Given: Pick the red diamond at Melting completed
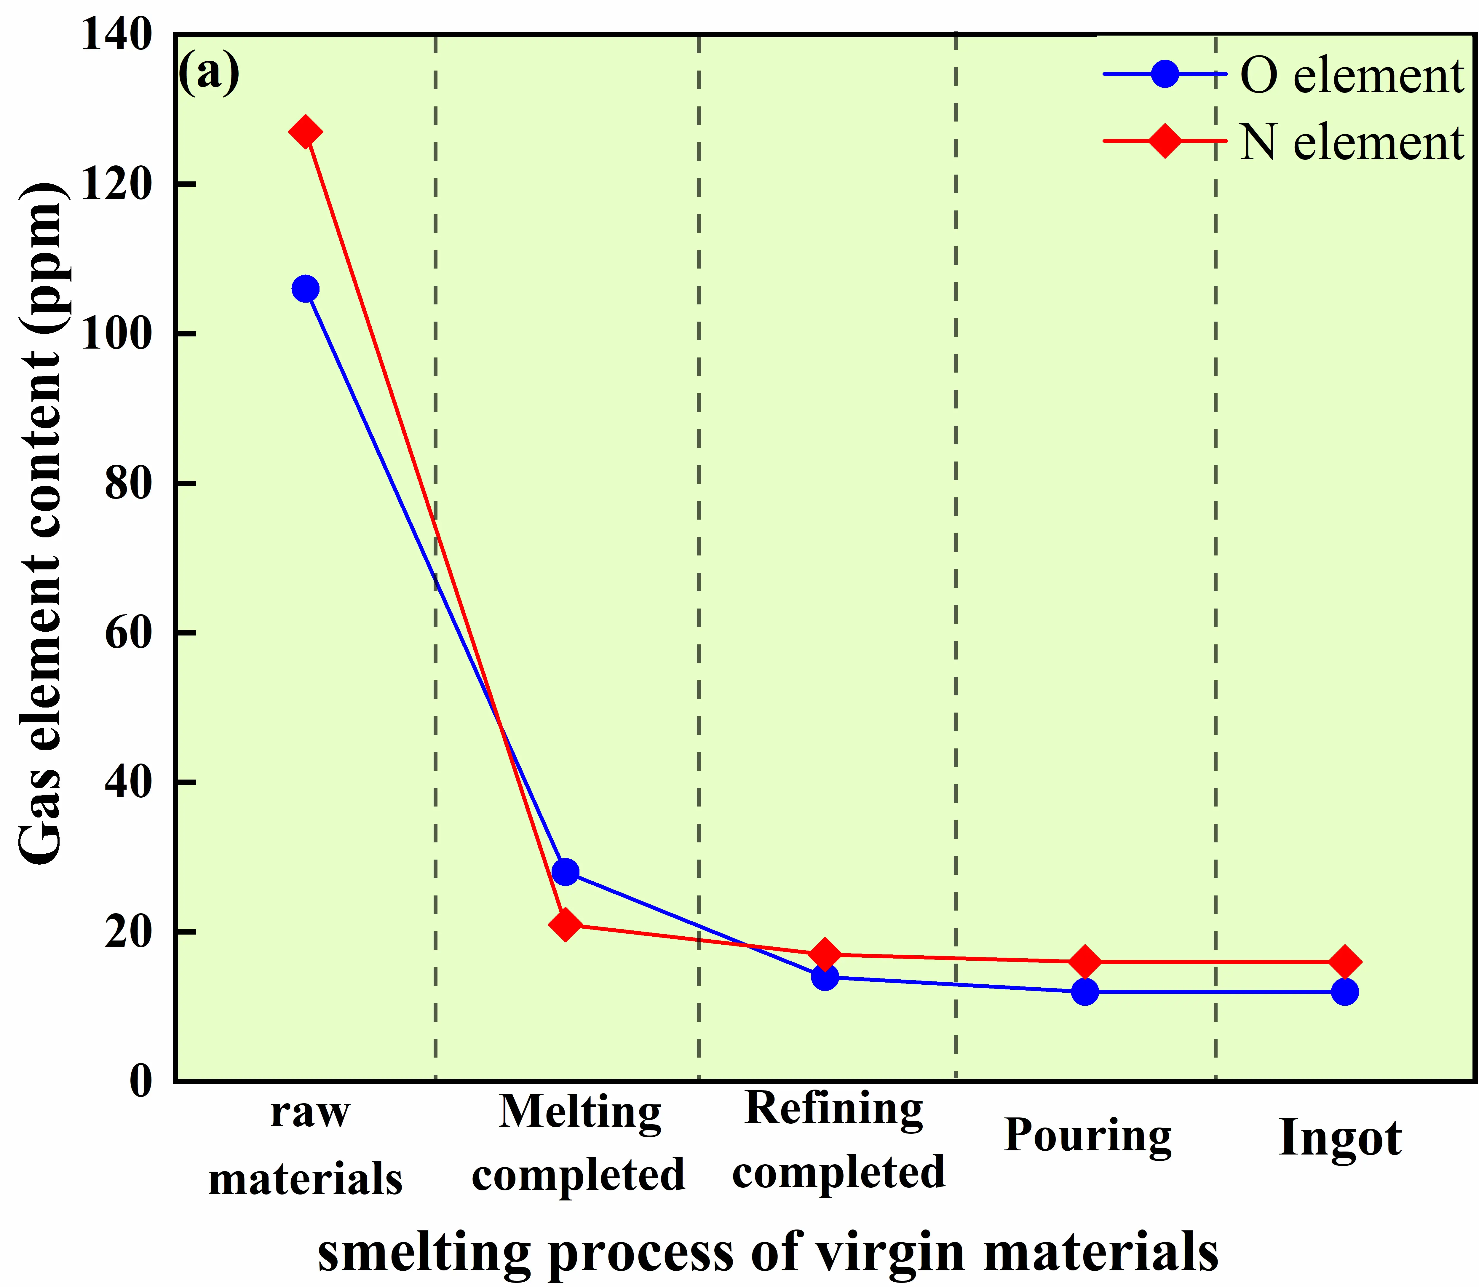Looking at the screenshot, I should click(x=565, y=925).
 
